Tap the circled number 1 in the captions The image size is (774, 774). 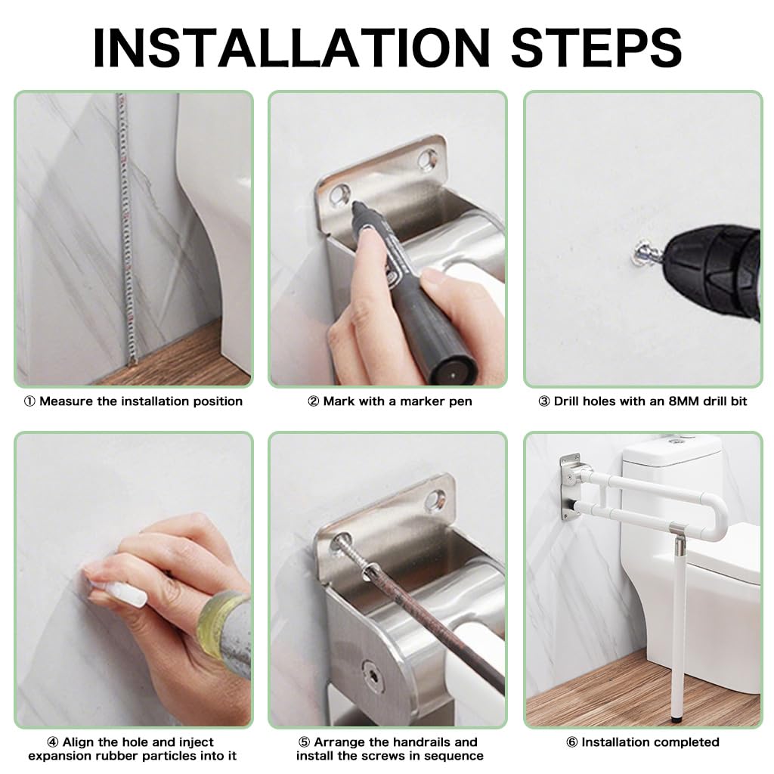(x=29, y=401)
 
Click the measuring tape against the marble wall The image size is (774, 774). (x=124, y=227)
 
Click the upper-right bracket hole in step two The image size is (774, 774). (x=430, y=157)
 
